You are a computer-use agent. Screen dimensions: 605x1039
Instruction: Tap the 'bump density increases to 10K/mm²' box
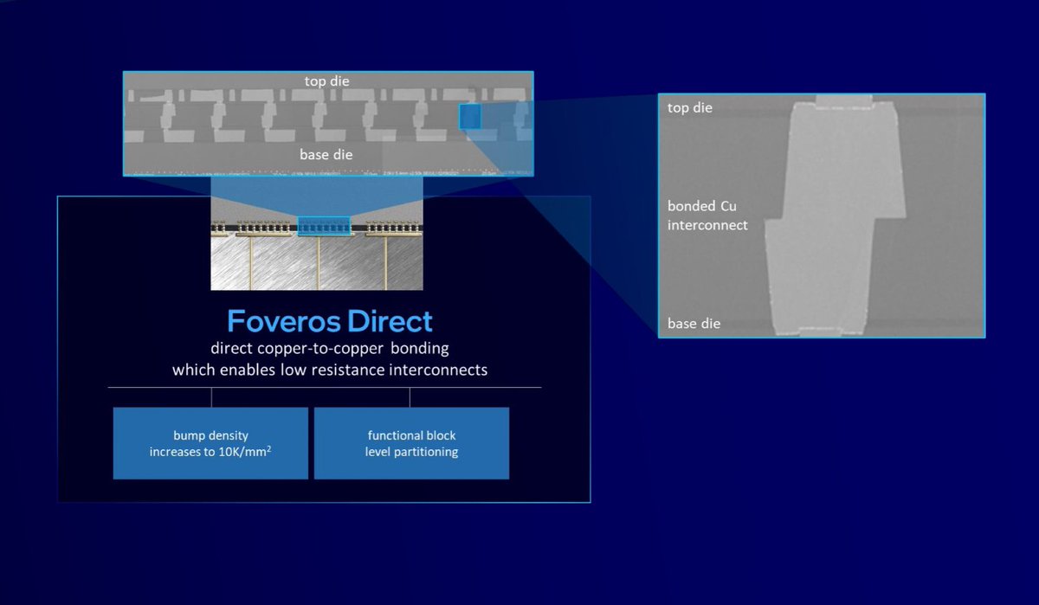[210, 443]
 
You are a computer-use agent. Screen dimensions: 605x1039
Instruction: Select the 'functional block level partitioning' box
[411, 443]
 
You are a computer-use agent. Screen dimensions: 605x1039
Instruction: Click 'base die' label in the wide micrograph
[326, 155]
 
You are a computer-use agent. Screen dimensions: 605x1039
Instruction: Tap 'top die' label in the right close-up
[690, 108]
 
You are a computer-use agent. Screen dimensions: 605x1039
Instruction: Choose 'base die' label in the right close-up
[694, 324]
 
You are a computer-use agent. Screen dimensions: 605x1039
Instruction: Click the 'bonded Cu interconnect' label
[707, 216]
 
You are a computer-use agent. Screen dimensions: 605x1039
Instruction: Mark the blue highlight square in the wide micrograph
[469, 116]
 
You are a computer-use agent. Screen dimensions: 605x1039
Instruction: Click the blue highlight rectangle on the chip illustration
[323, 226]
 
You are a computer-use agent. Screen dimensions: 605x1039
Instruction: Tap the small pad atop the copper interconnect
[845, 100]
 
